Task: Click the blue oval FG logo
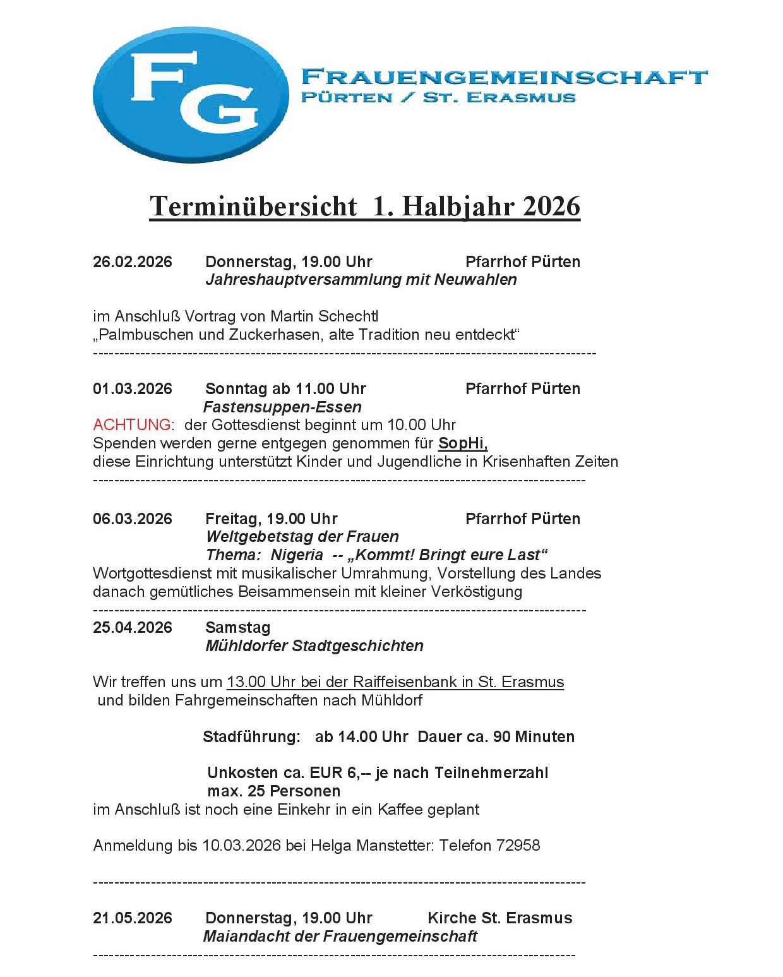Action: (190, 94)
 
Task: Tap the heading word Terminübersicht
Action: (253, 207)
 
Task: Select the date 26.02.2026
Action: (133, 262)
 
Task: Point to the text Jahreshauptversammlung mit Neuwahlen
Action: (361, 280)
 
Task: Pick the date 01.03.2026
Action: (133, 389)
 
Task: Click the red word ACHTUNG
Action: (131, 425)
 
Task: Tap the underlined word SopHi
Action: (462, 443)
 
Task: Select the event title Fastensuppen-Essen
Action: (282, 407)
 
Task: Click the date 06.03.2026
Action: (133, 519)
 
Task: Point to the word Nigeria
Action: (297, 555)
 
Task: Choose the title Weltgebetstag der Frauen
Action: (302, 537)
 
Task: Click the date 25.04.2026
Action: (133, 628)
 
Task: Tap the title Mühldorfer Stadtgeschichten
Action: (314, 646)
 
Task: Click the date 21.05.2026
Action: (133, 918)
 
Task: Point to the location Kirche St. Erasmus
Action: (499, 918)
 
